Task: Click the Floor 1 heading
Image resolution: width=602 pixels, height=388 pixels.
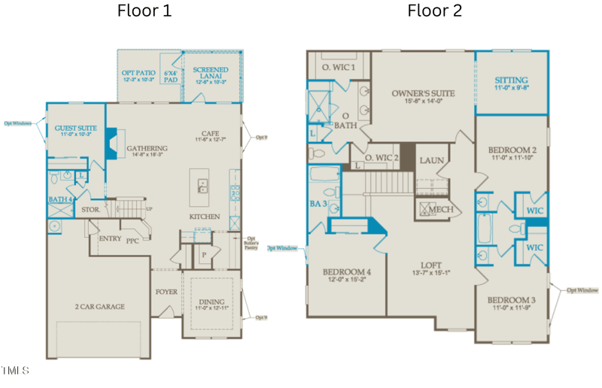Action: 144,11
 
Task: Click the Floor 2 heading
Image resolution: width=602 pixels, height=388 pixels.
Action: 435,11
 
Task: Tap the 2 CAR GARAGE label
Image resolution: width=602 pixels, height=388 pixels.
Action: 99,307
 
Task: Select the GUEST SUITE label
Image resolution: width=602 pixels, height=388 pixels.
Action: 75,129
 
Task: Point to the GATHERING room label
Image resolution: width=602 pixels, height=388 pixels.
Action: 147,148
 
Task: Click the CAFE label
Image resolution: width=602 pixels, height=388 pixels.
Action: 211,133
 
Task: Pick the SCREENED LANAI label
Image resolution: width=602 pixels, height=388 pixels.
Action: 211,74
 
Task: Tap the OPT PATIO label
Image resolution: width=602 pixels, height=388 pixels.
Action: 138,73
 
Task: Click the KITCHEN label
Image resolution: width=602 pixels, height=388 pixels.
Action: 205,217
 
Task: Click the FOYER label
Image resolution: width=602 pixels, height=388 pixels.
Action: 166,292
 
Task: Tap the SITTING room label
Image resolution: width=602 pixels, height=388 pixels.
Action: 511,80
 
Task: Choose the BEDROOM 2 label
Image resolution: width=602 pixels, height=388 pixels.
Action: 512,150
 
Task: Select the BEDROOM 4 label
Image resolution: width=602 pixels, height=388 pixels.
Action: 347,271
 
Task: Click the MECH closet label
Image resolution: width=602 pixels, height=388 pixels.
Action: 441,209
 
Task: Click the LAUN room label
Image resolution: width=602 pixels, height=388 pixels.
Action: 432,160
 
